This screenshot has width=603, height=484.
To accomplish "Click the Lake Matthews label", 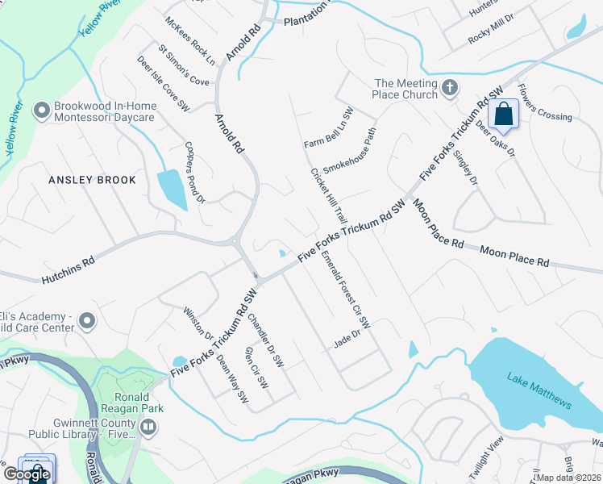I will (x=540, y=390).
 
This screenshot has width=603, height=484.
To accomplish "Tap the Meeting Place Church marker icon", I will (x=450, y=87).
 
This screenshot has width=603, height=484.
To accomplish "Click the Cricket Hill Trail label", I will (x=329, y=197).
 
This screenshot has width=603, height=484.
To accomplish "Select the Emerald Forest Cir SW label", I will (x=345, y=290).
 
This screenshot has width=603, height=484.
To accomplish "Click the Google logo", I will (x=27, y=474).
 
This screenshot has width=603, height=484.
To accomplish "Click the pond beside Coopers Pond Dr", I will (x=172, y=189).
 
